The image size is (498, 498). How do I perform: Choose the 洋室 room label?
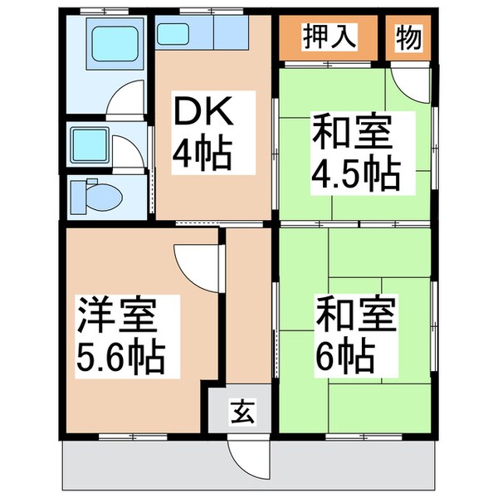pyautogui.click(x=117, y=315)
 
